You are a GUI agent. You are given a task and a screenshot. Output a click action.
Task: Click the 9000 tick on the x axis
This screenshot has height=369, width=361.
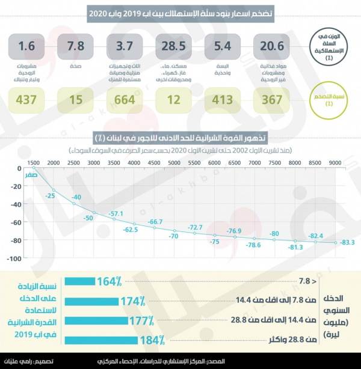click(x=335, y=163)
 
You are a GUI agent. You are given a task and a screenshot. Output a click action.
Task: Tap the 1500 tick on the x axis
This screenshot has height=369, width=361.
click(x=34, y=163)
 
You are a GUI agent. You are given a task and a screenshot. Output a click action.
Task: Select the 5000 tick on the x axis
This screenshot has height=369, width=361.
click(x=174, y=163)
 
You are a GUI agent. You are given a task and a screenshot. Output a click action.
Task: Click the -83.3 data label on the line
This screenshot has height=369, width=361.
click(x=347, y=243)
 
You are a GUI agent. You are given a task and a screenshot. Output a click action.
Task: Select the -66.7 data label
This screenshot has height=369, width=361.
click(x=155, y=222)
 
